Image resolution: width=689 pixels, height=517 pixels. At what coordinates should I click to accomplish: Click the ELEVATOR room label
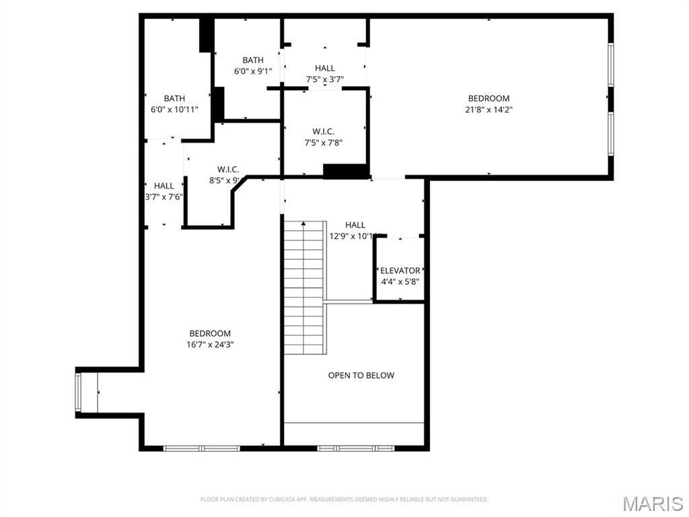(400, 271)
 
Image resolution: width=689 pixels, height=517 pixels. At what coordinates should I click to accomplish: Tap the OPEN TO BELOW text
(361, 375)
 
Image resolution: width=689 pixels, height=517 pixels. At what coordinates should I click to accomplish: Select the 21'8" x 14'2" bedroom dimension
(489, 109)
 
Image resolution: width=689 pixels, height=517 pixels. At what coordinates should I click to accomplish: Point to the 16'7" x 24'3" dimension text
(210, 344)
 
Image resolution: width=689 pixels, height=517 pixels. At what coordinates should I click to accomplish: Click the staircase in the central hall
(303, 287)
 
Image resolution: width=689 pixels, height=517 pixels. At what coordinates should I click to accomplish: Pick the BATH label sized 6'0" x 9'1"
(253, 61)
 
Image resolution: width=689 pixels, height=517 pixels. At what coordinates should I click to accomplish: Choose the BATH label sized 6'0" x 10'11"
(174, 98)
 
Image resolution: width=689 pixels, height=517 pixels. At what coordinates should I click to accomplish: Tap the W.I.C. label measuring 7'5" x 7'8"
(323, 131)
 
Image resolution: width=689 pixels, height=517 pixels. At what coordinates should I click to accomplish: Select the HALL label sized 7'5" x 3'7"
(324, 68)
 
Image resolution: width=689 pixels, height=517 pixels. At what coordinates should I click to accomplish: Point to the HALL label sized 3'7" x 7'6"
(164, 186)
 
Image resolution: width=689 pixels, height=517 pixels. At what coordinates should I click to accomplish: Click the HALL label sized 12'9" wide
(355, 225)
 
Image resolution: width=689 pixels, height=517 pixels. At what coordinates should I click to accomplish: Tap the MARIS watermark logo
(652, 503)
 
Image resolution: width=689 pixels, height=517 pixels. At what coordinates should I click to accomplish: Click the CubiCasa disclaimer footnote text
(344, 499)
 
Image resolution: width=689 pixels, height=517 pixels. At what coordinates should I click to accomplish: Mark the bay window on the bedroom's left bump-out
(79, 392)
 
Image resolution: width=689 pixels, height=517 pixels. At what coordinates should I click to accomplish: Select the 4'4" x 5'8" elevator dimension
(400, 281)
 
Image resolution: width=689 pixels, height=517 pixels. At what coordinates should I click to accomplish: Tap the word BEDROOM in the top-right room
(489, 98)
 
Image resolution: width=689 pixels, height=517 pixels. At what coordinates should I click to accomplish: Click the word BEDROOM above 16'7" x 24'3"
(210, 333)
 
